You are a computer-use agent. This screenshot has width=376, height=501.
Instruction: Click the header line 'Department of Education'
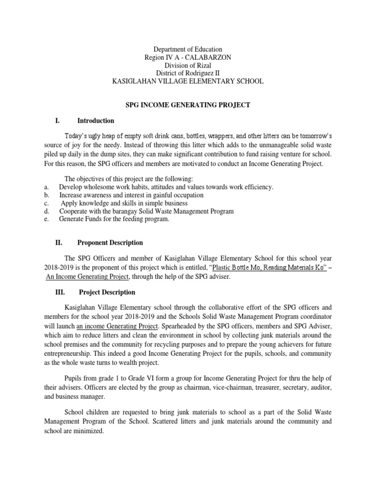(x=188, y=49)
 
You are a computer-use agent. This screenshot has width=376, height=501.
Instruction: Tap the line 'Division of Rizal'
(x=188, y=65)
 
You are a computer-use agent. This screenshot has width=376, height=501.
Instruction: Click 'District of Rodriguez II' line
(x=188, y=73)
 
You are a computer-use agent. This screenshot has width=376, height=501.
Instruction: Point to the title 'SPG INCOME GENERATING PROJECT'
(x=188, y=105)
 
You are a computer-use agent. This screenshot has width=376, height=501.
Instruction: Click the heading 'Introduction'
(x=95, y=120)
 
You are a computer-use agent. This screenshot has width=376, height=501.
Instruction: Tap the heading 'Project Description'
(x=107, y=292)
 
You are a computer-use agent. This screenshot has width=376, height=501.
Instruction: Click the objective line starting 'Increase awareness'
(x=131, y=195)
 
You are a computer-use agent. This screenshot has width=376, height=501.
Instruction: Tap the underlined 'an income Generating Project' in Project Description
(x=117, y=325)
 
